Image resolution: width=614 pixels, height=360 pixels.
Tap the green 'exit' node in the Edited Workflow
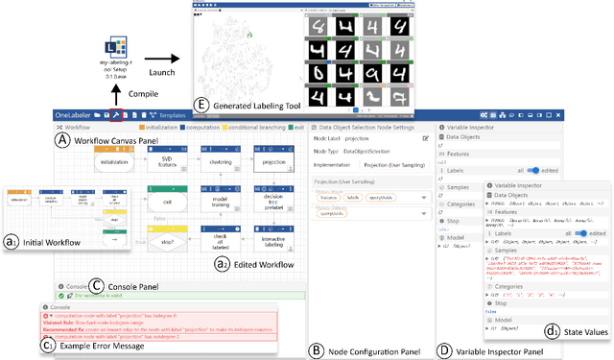point(166,204)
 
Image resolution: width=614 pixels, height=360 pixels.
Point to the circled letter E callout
point(201,106)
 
